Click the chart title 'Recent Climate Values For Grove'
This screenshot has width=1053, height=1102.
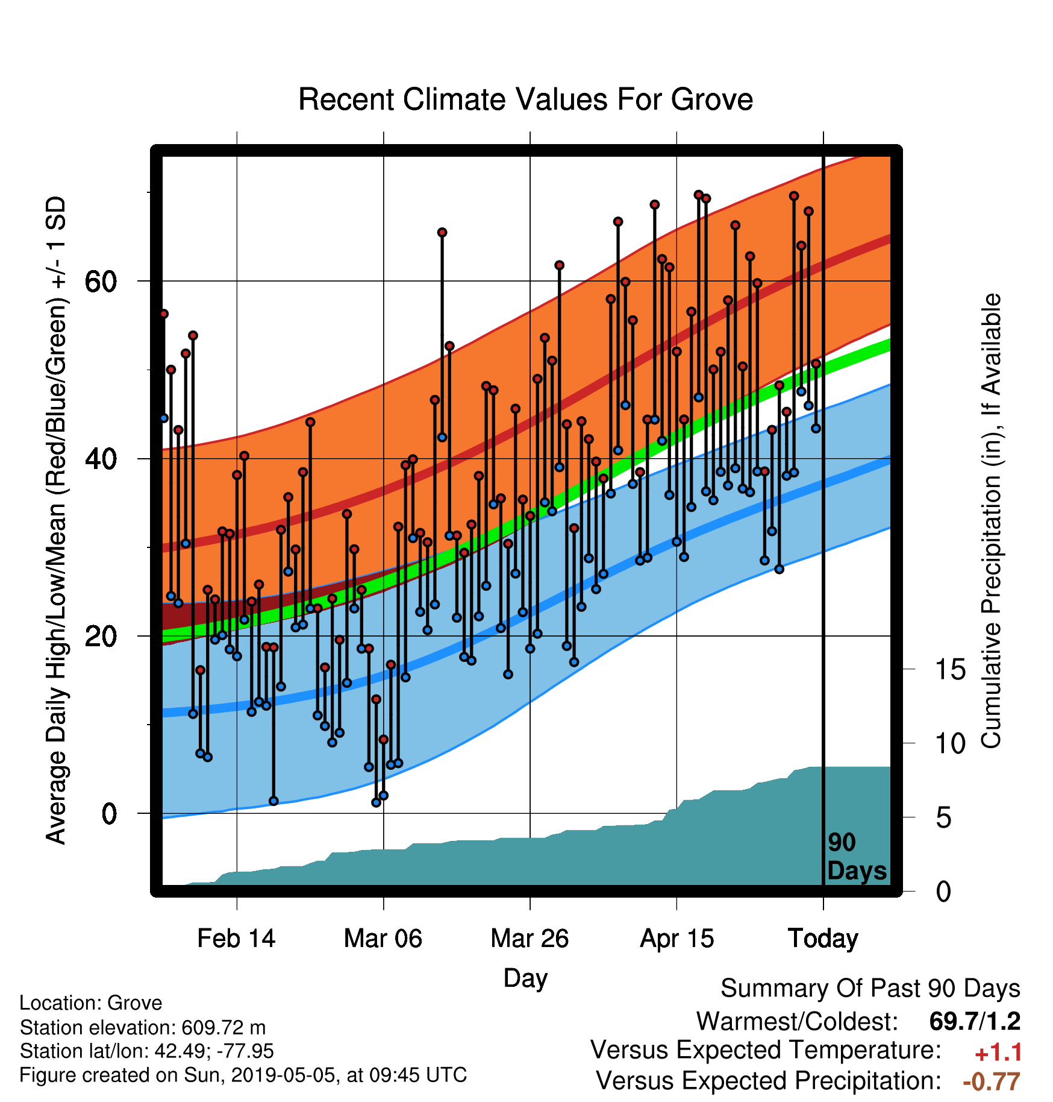coord(525,99)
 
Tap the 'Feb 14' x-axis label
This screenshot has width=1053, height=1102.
coord(236,939)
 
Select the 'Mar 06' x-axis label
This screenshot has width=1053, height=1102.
coord(383,939)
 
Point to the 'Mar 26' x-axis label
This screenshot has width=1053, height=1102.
coord(530,939)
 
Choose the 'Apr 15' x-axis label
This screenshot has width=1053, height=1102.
coord(676,939)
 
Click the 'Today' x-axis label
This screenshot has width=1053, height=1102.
coord(823,939)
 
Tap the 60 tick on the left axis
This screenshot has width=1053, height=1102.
coord(101,281)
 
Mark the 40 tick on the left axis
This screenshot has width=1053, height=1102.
coord(101,459)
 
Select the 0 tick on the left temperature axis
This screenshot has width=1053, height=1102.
coord(109,814)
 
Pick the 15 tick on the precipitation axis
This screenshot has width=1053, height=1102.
coord(950,669)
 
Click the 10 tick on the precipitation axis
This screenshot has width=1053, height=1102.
coord(950,743)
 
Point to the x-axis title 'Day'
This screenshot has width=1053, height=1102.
coord(525,978)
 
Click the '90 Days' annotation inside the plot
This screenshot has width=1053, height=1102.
coord(857,857)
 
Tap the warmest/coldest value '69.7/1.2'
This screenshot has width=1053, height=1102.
coord(975,1021)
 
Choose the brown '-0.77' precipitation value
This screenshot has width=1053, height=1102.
coord(992,1082)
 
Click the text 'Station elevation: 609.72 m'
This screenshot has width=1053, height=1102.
coord(143,1027)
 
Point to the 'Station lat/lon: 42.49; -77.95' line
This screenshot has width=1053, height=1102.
coord(147,1051)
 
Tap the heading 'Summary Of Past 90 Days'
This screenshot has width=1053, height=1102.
coord(870,989)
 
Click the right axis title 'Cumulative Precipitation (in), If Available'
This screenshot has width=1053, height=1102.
coord(991,521)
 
